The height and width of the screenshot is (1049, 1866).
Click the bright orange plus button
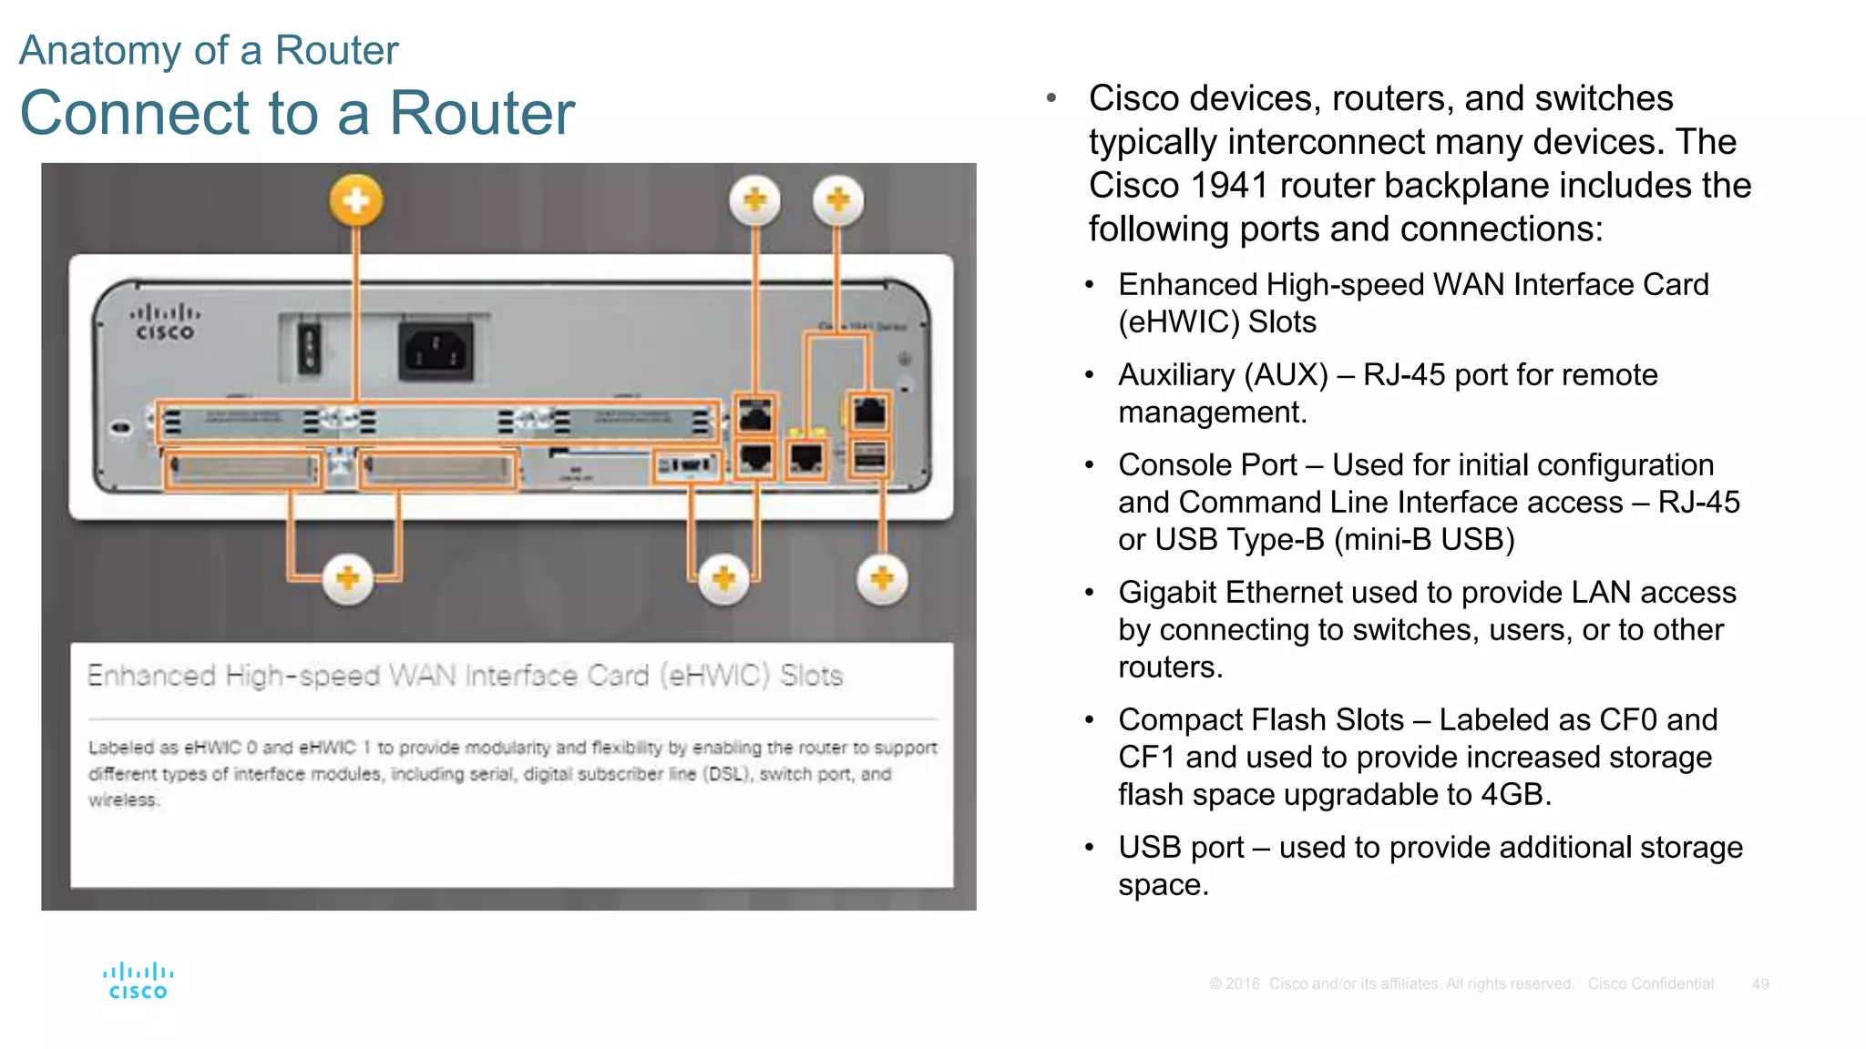356,200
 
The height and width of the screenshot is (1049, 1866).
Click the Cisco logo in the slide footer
138,981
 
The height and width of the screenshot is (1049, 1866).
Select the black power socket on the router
436,351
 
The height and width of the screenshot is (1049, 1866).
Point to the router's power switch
309,349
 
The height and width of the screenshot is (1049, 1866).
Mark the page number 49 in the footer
1759,984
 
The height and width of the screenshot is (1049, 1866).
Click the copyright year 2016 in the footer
1242,984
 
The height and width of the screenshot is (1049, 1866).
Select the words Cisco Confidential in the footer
1650,984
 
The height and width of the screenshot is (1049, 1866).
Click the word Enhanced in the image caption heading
151,676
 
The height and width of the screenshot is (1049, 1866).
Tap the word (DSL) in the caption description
727,774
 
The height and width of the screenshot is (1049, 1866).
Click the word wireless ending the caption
123,800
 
